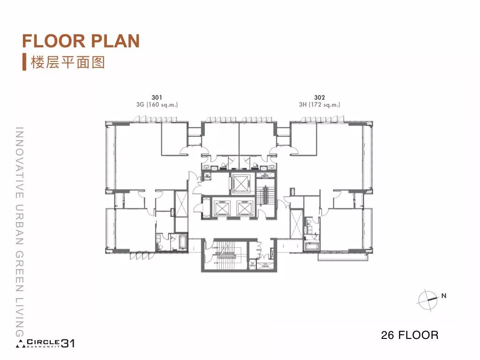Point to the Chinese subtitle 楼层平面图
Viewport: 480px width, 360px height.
point(67,62)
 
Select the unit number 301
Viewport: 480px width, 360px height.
point(157,98)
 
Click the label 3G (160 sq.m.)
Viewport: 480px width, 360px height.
point(157,105)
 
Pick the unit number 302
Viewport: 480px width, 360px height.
point(320,98)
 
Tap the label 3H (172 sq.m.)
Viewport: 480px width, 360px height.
point(320,105)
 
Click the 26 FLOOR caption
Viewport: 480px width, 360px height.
point(410,335)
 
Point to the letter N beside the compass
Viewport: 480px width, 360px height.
point(443,296)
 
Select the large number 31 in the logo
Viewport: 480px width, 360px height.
point(68,344)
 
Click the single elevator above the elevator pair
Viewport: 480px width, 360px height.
point(241,183)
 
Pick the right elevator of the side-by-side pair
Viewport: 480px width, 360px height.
point(245,207)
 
